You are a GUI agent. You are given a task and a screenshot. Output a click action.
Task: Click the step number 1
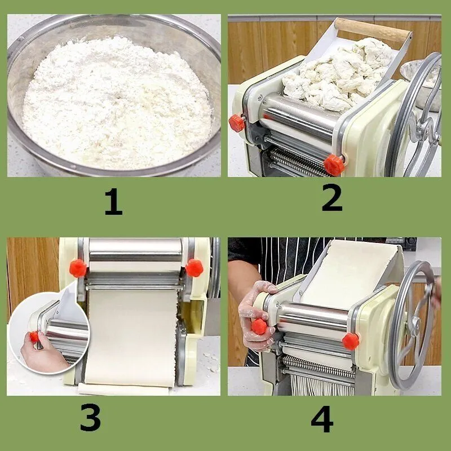[x=113, y=202]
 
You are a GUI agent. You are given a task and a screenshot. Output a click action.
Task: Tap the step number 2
[x=332, y=198]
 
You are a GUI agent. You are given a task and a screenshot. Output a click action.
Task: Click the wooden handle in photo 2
[x=373, y=30]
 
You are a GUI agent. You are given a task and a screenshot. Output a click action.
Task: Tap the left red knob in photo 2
[x=236, y=123]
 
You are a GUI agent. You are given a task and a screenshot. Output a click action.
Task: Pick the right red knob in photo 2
[x=334, y=165]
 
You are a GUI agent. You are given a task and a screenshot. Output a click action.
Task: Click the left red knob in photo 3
[x=78, y=268]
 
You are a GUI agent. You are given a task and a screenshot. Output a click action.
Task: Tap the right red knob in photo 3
[x=194, y=268]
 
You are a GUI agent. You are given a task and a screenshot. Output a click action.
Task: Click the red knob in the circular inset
[x=34, y=337]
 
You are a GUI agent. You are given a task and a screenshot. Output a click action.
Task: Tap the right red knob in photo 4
[x=351, y=342]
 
